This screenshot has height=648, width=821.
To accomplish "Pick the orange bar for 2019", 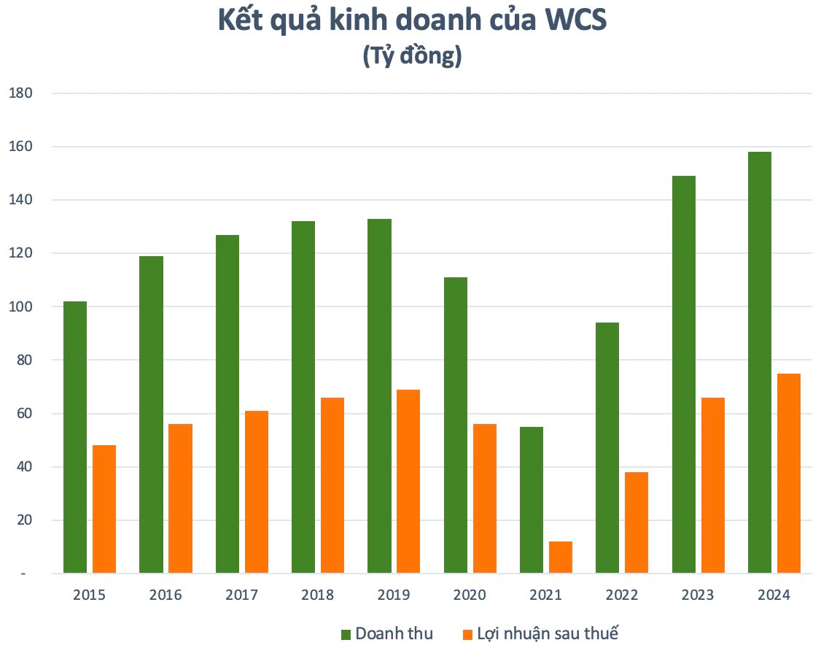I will tap(408, 481).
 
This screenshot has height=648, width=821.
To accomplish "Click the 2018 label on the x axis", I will tap(317, 595).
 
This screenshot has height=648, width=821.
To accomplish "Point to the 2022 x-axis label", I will tap(621, 595).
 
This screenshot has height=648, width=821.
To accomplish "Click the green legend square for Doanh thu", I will tap(346, 633).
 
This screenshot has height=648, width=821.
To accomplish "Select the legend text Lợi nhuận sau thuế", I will tap(548, 633).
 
